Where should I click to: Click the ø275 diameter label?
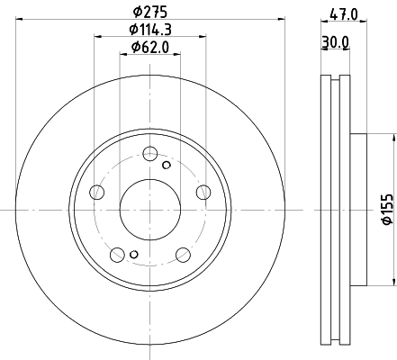[150, 12]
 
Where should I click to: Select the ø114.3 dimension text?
[150, 30]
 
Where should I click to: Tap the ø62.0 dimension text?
[150, 47]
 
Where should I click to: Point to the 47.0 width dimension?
[344, 14]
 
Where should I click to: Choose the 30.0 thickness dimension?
[335, 42]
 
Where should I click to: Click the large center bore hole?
[150, 210]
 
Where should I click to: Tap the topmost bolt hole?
[150, 154]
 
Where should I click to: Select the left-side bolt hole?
[97, 192]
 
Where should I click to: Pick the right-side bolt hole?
[203, 192]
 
